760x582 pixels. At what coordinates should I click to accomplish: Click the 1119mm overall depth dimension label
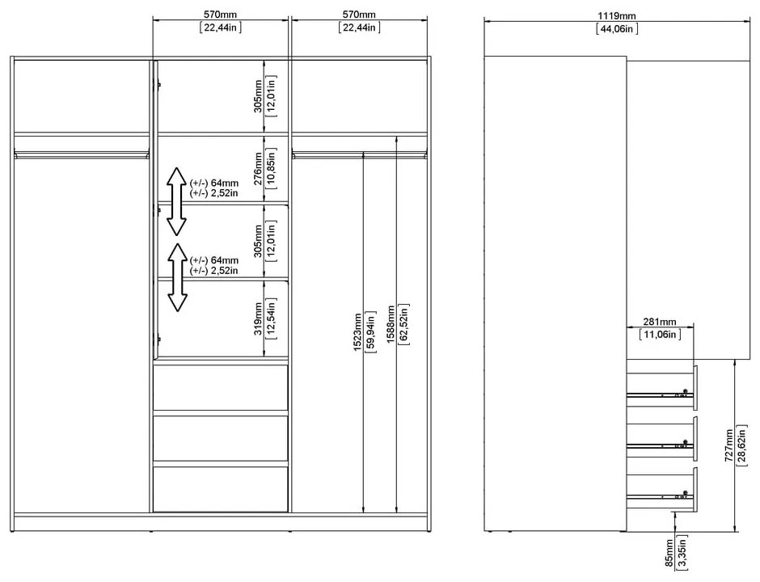[x=618, y=15]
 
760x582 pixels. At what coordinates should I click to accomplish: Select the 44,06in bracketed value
[x=618, y=29]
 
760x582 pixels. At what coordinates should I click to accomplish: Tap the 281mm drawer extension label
[x=659, y=321]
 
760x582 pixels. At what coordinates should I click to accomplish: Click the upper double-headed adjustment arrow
[x=176, y=200]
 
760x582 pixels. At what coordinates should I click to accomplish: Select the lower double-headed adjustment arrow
[x=176, y=277]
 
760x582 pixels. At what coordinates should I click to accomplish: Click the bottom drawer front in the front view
[x=221, y=488]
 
